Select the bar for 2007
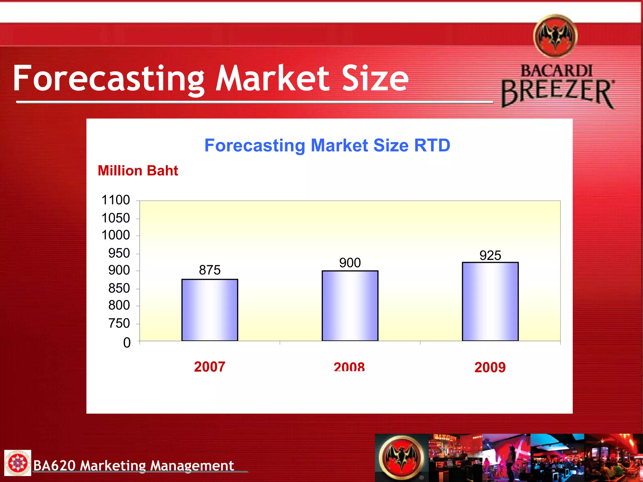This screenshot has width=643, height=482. tap(210, 310)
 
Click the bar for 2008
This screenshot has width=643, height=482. tap(350, 306)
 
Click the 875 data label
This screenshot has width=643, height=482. tap(210, 270)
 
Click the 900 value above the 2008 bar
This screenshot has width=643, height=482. tap(350, 263)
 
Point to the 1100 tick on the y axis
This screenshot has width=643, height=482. tap(116, 200)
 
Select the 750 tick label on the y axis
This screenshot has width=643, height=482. tap(119, 323)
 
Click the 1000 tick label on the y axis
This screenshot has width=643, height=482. tap(116, 235)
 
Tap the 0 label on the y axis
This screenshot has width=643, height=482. tap(127, 343)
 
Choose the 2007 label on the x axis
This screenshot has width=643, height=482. tap(209, 367)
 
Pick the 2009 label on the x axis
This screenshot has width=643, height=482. tap(490, 367)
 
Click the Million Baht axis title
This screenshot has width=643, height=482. tap(138, 171)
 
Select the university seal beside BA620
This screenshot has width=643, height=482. tap(18, 463)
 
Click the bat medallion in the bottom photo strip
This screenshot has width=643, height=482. tap(402, 458)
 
